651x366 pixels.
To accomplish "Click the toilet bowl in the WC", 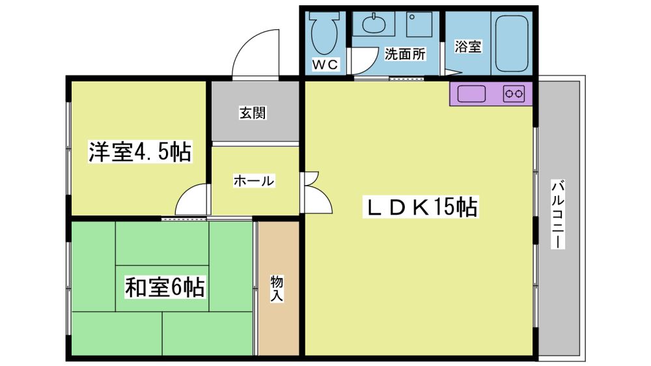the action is [x=325, y=33].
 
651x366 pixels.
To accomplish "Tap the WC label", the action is [x=325, y=64].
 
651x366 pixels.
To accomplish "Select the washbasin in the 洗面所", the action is [x=374, y=23].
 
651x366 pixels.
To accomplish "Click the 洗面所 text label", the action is [x=405, y=54].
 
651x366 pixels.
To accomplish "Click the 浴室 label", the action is [x=467, y=46].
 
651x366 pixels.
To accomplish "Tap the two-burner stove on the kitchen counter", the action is [x=514, y=94].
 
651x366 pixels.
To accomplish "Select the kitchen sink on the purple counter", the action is [x=471, y=94].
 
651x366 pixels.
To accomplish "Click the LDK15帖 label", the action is [x=421, y=206].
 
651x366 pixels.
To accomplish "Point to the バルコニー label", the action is [x=558, y=214].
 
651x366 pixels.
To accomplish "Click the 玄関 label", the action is [x=253, y=113].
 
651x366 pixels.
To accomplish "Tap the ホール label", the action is [x=254, y=180].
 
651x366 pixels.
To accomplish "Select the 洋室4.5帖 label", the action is [x=140, y=152].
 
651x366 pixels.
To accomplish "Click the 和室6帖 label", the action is [x=165, y=287].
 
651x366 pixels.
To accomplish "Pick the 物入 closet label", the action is [x=277, y=288].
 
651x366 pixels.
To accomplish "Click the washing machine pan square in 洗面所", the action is [x=419, y=24].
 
